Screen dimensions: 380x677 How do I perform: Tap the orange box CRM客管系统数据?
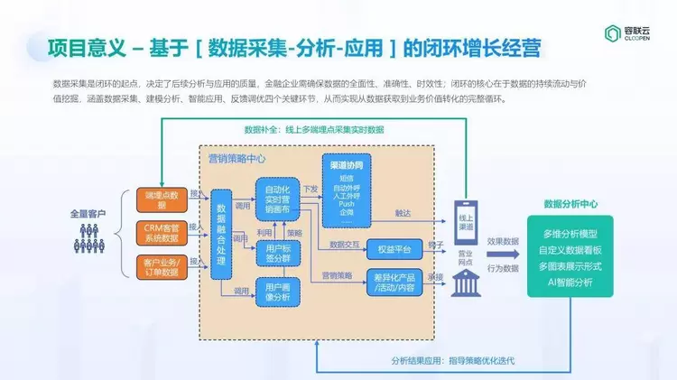tap(162, 231)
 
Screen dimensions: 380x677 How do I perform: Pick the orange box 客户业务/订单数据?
tap(162, 266)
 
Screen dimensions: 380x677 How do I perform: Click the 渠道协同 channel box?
tap(347, 191)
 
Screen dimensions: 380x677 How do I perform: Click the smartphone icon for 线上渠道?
tap(466, 220)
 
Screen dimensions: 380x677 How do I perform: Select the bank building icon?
tap(466, 281)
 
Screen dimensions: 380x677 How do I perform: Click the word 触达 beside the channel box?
tap(403, 213)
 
